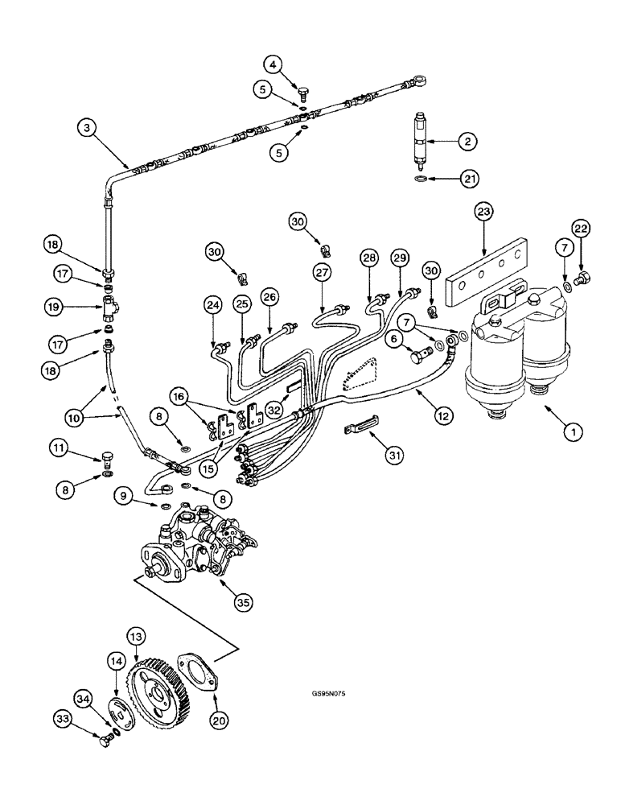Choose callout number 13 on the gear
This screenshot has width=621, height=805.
click(x=136, y=638)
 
